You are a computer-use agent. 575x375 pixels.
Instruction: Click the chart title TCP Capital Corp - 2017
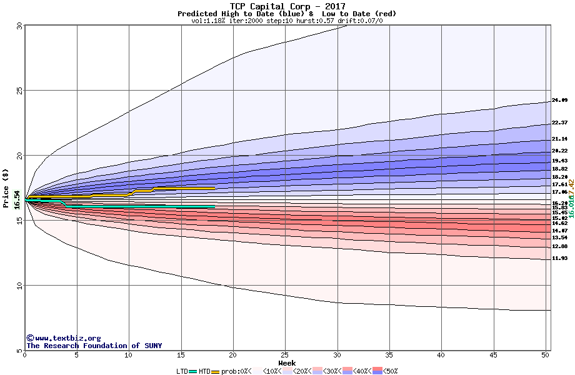(287, 6)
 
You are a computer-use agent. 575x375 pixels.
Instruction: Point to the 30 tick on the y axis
(19, 26)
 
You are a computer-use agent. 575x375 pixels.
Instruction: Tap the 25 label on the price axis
(19, 91)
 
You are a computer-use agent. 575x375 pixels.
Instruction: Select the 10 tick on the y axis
(19, 286)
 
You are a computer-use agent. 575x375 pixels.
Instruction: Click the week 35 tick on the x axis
(389, 355)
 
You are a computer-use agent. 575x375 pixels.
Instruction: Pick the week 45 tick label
(494, 355)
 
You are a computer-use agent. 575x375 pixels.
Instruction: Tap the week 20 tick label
(233, 355)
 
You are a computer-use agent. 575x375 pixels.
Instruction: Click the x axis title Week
(287, 362)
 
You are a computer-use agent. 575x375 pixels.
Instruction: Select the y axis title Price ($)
(6, 187)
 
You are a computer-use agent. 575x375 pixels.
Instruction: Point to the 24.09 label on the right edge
(559, 100)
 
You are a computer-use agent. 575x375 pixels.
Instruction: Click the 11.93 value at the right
(559, 258)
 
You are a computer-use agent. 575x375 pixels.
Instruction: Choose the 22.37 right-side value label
(559, 122)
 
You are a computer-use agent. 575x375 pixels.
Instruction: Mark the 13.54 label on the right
(559, 237)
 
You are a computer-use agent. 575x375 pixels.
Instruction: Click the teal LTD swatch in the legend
(192, 371)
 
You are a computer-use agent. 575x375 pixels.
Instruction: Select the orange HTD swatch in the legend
(216, 371)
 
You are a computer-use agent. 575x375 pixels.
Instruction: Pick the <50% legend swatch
(376, 371)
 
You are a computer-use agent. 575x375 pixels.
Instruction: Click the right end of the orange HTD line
(214, 187)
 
